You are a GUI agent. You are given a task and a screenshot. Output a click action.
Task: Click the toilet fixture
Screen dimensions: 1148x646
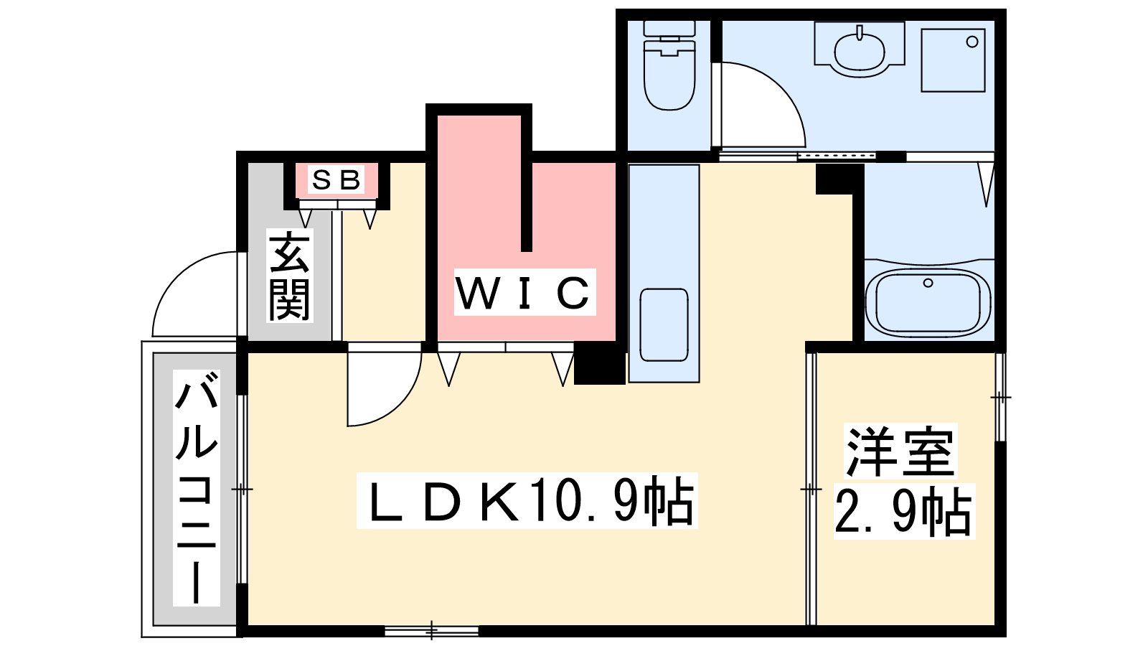click(x=669, y=65)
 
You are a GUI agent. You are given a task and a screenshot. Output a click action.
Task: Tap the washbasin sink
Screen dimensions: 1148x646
click(x=860, y=50)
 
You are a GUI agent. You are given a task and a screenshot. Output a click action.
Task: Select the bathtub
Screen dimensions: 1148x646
click(x=928, y=301)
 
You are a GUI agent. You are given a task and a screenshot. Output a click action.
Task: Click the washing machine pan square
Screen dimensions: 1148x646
click(x=954, y=60)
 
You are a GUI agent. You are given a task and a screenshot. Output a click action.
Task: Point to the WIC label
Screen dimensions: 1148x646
click(x=524, y=293)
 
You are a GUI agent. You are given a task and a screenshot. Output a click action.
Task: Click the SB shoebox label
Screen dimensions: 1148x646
click(x=336, y=179)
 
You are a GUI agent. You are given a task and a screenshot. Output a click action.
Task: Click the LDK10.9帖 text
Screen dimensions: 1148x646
click(x=527, y=500)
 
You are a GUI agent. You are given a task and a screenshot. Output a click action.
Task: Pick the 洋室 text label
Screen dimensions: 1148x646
click(x=901, y=451)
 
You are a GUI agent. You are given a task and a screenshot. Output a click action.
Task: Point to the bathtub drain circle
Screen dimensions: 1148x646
click(x=928, y=283)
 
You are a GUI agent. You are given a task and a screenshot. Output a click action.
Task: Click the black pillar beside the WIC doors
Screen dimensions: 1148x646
click(x=599, y=362)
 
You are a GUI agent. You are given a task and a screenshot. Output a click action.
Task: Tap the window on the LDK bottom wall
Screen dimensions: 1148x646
click(x=431, y=630)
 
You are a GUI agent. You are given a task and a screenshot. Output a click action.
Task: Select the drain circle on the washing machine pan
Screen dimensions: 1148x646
click(x=972, y=42)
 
